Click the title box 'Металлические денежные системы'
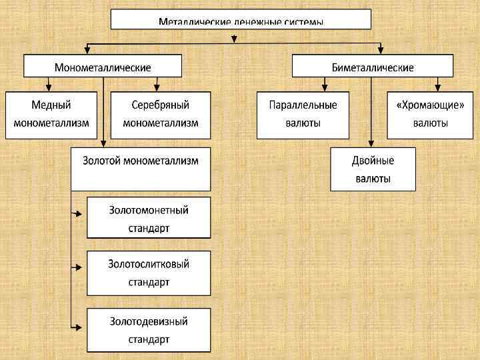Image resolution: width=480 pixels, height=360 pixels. (x=240, y=19)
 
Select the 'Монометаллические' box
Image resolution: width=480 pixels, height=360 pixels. (x=103, y=67)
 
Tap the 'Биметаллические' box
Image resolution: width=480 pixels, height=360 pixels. (x=373, y=67)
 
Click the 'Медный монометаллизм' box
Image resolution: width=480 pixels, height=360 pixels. (x=51, y=115)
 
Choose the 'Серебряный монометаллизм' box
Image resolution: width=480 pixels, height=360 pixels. (x=161, y=115)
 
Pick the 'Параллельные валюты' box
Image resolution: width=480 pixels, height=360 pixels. (x=303, y=115)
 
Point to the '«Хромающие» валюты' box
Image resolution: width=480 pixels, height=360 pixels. (x=430, y=115)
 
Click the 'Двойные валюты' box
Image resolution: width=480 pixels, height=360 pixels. (x=373, y=169)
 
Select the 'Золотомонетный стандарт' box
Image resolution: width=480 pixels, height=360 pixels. (x=149, y=218)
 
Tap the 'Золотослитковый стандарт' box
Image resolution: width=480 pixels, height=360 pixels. (x=149, y=273)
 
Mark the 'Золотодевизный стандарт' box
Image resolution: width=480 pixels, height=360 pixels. (x=149, y=330)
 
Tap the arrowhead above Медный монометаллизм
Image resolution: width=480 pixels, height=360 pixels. (x=49, y=88)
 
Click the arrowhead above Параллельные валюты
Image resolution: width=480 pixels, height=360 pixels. (x=324, y=88)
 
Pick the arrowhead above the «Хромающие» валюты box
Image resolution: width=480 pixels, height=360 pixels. (x=437, y=88)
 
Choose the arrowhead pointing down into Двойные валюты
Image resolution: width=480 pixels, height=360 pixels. (x=370, y=143)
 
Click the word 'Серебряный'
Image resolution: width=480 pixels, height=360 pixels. (x=161, y=105)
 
